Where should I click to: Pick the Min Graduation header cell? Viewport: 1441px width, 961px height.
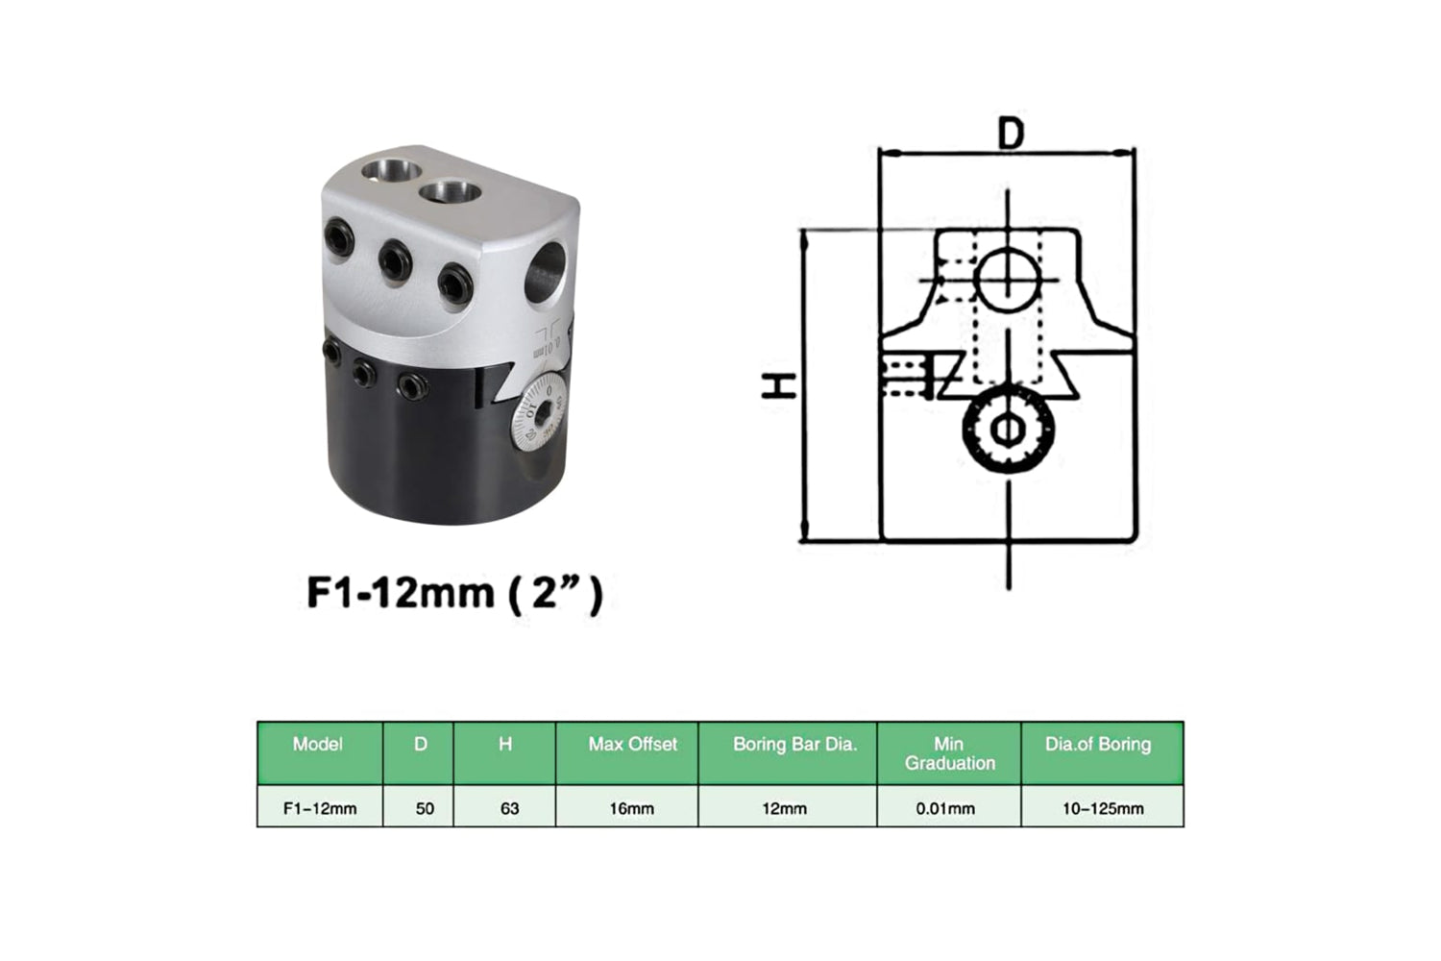point(949,752)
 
